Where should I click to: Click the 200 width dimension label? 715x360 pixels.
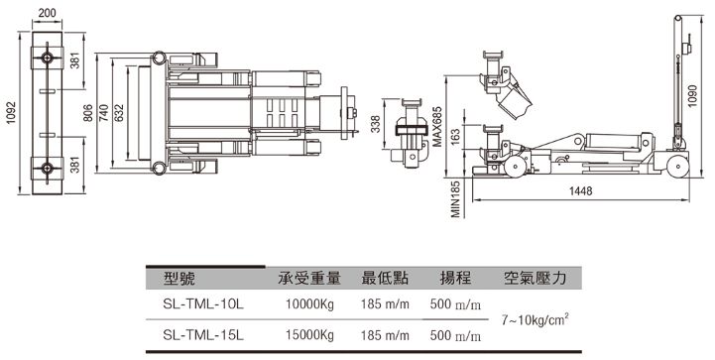[47, 12]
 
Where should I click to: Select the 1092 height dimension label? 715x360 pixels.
[11, 112]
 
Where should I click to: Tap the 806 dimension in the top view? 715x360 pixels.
[88, 113]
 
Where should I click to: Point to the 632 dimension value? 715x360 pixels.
[119, 113]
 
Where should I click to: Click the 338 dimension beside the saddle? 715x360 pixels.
[375, 124]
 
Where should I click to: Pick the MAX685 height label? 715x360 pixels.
[437, 126]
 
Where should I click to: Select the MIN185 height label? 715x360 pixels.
[455, 198]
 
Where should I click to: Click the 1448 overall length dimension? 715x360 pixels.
[580, 190]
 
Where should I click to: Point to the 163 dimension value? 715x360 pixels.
[454, 137]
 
